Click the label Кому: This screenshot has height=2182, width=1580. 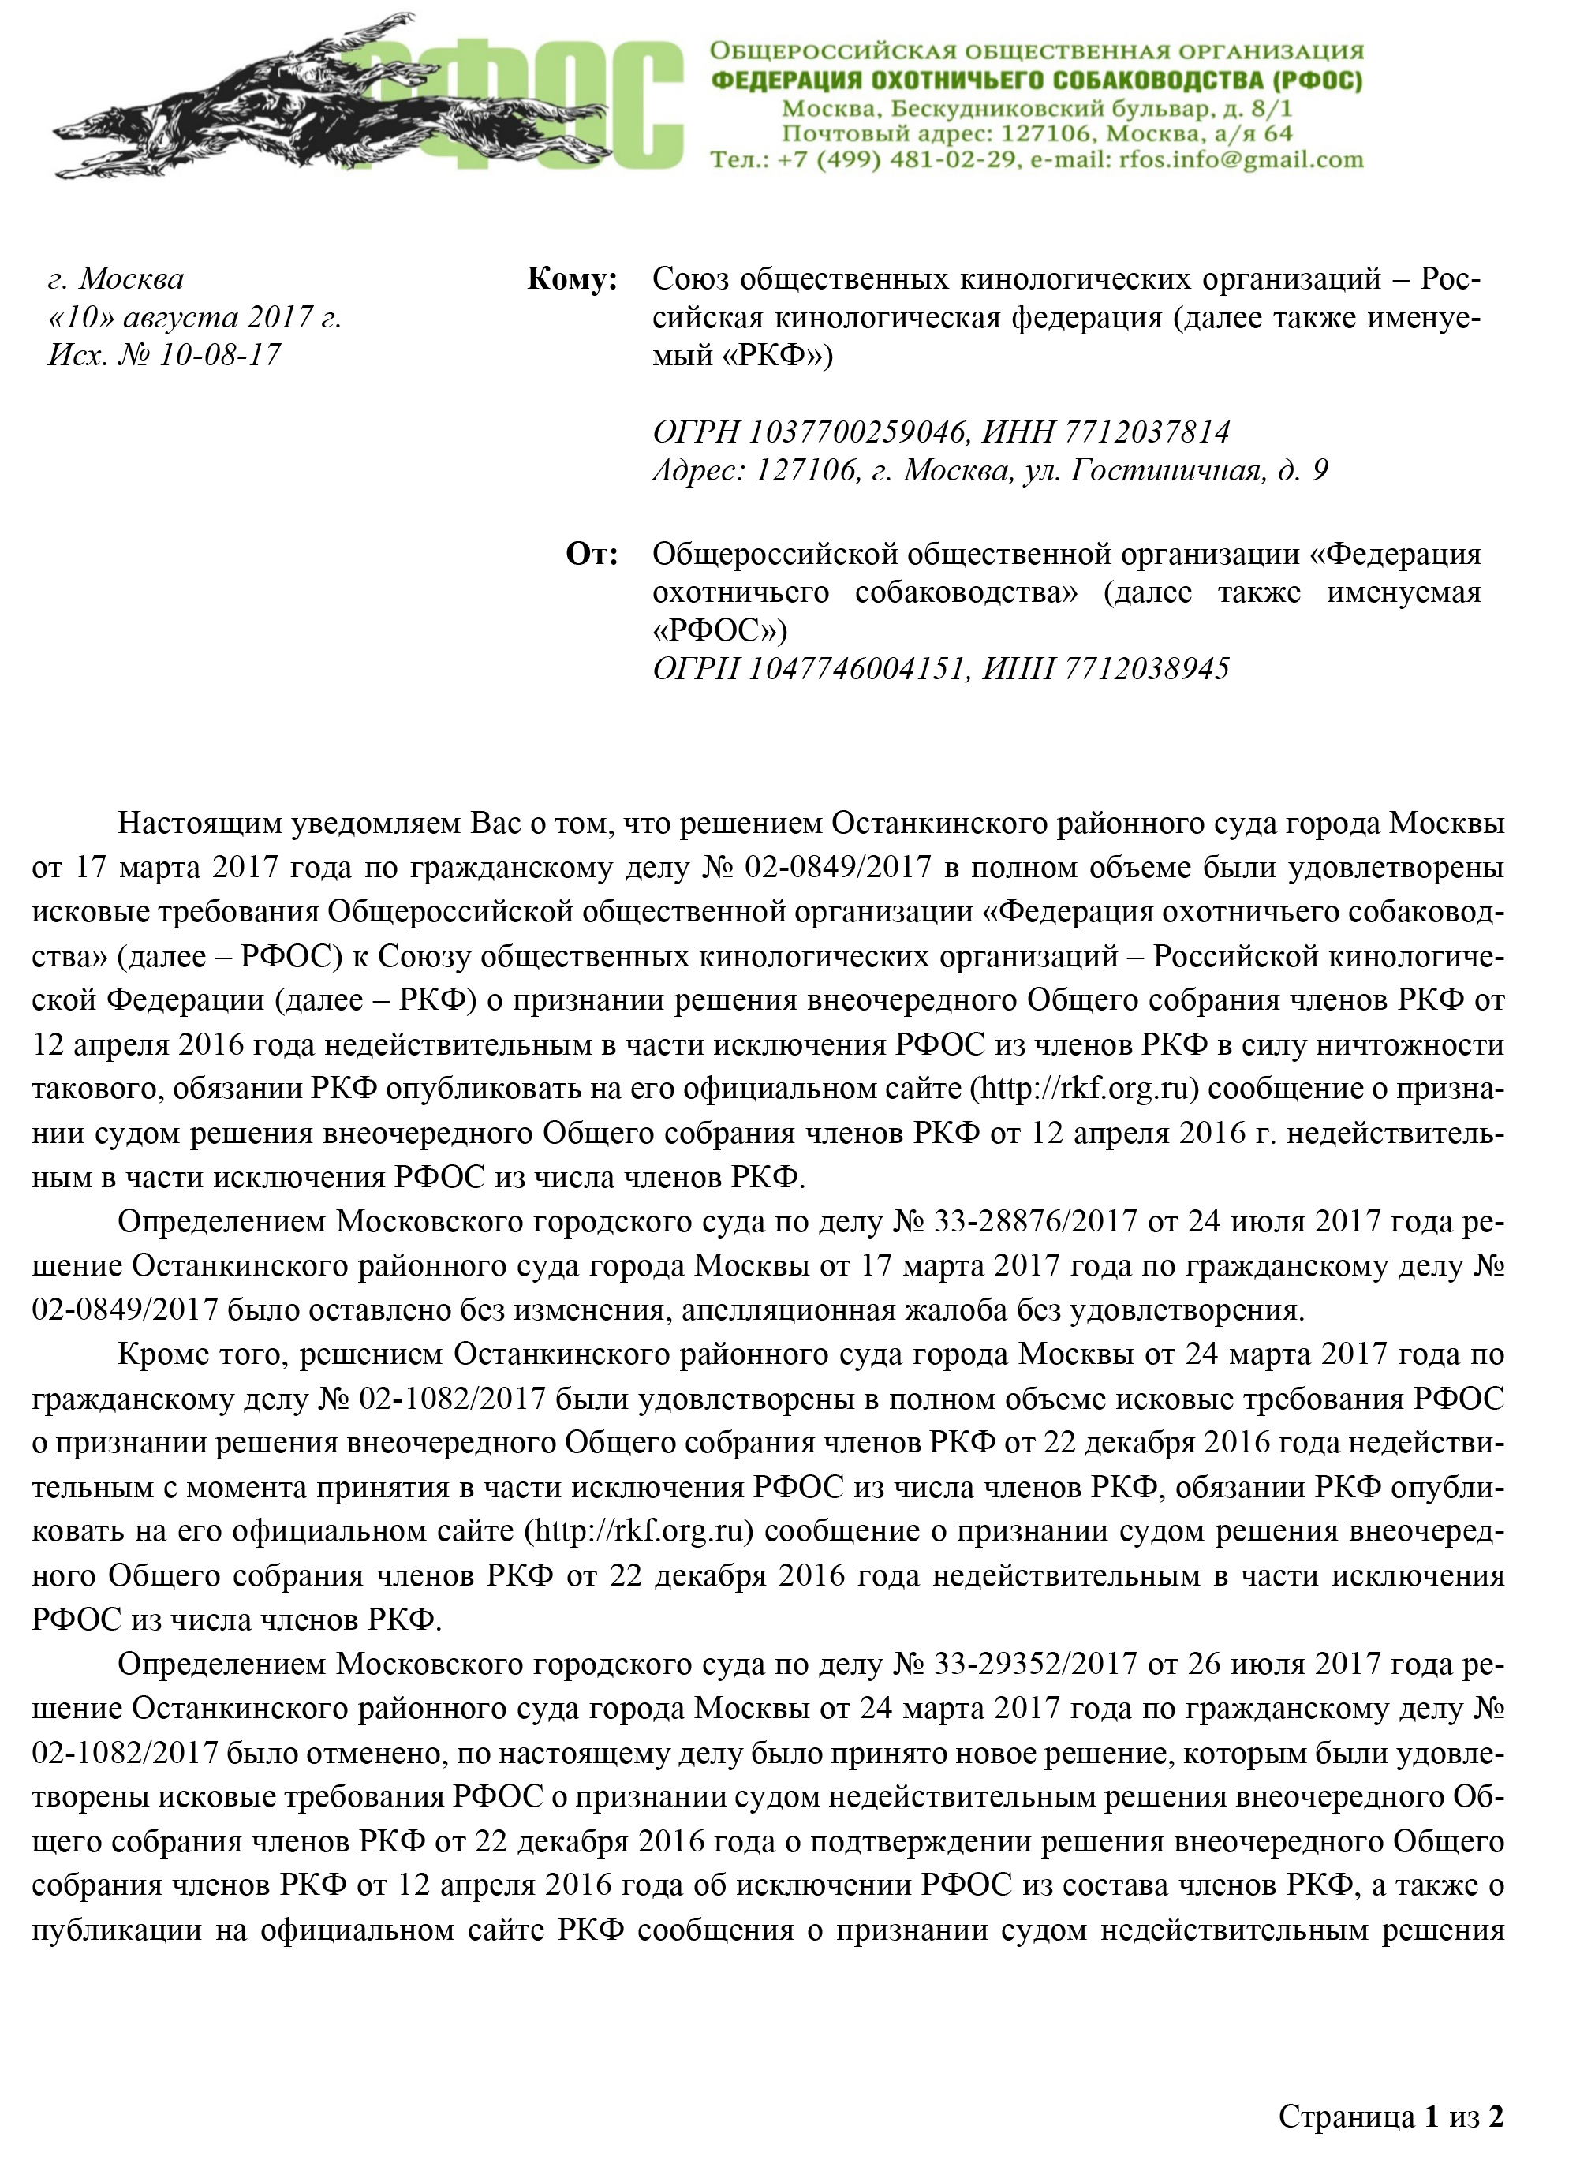(x=572, y=279)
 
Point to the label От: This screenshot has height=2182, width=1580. (x=591, y=554)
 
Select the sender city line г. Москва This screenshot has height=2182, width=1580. (x=115, y=279)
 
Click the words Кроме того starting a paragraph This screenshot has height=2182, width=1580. (x=203, y=1354)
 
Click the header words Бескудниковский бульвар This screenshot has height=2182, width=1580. (x=1058, y=109)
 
